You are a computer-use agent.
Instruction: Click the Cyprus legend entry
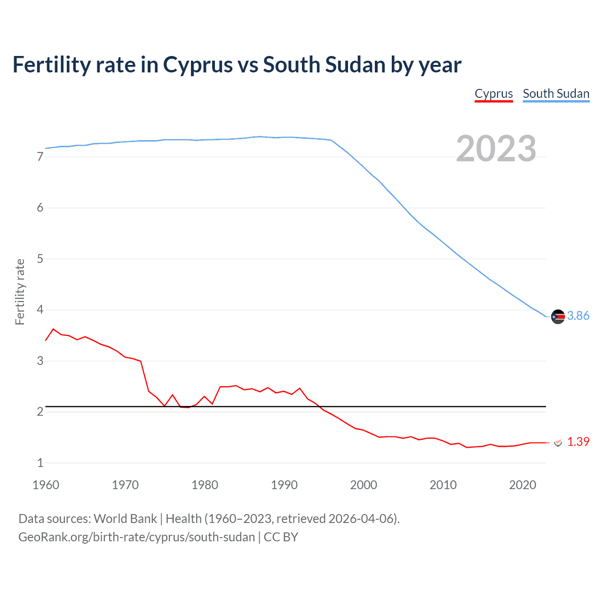493,94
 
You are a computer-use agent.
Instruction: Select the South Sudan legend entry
556,94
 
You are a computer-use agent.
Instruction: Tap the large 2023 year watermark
496,149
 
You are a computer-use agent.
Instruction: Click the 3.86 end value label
578,316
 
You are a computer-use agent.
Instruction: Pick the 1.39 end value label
578,442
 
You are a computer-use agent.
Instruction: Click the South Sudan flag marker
558,317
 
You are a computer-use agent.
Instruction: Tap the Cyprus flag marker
558,443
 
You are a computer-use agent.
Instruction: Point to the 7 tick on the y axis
40,157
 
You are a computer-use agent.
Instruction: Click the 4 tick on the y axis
40,310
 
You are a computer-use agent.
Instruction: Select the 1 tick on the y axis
40,463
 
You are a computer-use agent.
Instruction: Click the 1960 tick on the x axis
46,485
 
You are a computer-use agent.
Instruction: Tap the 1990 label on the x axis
284,485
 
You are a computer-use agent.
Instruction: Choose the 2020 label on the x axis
523,485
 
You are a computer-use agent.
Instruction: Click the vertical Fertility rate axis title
20,292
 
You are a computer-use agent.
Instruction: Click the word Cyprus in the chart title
198,65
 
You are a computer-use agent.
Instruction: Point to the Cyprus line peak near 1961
53,329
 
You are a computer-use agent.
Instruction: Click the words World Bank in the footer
125,519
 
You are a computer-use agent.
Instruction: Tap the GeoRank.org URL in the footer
136,537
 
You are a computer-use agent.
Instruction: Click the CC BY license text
281,537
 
